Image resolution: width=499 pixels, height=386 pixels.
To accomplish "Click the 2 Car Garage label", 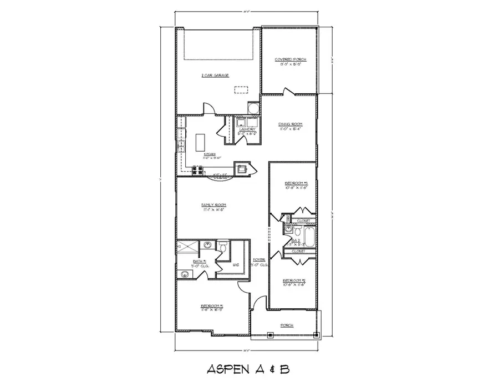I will (x=215, y=75).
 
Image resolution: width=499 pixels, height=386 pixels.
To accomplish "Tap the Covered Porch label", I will (x=288, y=59).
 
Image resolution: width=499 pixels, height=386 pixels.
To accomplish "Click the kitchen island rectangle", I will (x=200, y=142).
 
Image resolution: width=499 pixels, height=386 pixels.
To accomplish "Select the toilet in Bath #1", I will (x=223, y=245).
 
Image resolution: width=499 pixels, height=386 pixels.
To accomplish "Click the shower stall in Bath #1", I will (x=187, y=248).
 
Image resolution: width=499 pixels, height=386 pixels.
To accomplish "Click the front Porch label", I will (x=287, y=325).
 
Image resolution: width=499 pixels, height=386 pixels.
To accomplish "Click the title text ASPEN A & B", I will (x=249, y=368).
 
